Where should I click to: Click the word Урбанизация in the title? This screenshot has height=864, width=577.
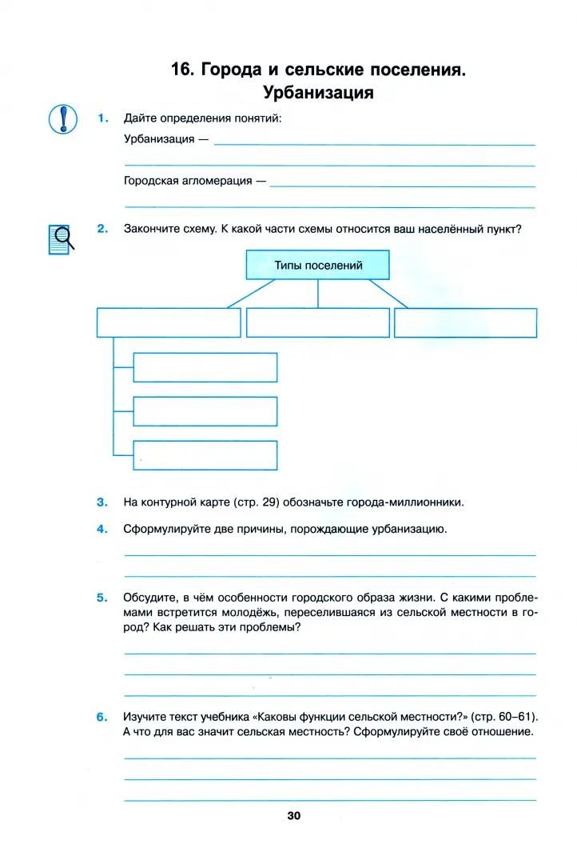[318, 93]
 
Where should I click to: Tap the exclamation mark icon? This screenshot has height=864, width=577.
[62, 119]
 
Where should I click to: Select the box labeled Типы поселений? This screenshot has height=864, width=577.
[318, 265]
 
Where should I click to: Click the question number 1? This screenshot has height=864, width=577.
[102, 118]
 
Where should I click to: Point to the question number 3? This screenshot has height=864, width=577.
[102, 502]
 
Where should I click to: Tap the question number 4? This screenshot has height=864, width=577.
[102, 529]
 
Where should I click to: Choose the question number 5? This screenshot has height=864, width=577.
[102, 597]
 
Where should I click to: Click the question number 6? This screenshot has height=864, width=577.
[102, 717]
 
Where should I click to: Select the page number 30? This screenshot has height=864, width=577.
[293, 815]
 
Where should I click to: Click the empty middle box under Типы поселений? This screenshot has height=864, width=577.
[318, 322]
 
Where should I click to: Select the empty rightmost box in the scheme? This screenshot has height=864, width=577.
[465, 322]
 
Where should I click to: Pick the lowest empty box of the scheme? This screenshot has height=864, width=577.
[205, 454]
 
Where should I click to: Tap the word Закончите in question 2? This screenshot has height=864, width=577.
[148, 229]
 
